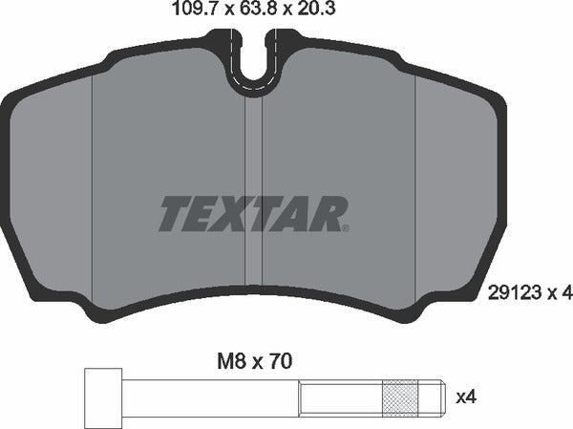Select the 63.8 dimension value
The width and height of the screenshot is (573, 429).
[x=248, y=12]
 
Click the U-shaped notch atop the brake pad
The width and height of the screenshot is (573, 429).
[x=256, y=63]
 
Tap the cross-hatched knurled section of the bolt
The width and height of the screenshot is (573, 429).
[x=400, y=396]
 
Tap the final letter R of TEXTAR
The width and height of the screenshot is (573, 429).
[x=326, y=214]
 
